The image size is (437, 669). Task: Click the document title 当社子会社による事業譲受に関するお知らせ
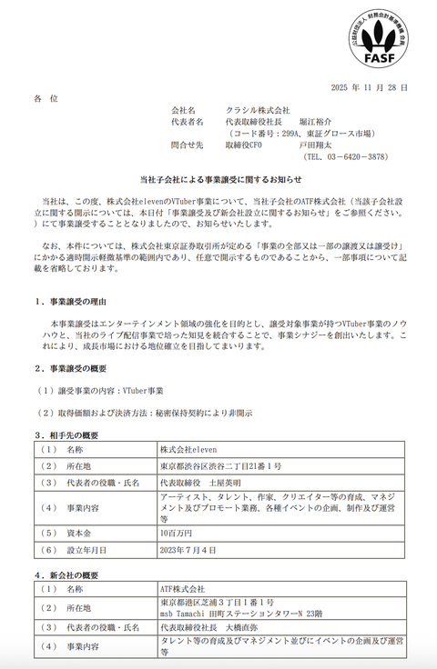pyautogui.click(x=218, y=181)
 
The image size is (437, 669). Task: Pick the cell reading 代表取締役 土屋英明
pyautogui.click(x=195, y=482)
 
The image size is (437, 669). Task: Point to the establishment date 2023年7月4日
pyautogui.click(x=187, y=548)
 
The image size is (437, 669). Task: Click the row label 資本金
pyautogui.click(x=79, y=532)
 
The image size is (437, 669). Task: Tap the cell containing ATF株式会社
pyautogui.click(x=183, y=589)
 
